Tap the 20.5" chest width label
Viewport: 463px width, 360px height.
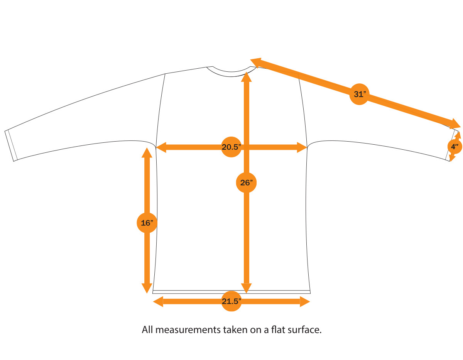[231, 147]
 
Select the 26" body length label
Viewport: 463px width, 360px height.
[246, 183]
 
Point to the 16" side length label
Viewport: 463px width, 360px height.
[147, 223]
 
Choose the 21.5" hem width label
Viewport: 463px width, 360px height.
[231, 302]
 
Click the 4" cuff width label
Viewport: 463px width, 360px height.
[455, 147]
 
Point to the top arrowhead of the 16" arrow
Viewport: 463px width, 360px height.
[147, 152]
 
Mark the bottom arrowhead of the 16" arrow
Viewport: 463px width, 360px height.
[147, 288]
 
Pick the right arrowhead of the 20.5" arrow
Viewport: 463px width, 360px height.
[302, 147]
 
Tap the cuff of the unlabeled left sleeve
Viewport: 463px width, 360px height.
[11, 145]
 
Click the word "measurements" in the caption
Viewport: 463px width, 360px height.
[186, 330]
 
